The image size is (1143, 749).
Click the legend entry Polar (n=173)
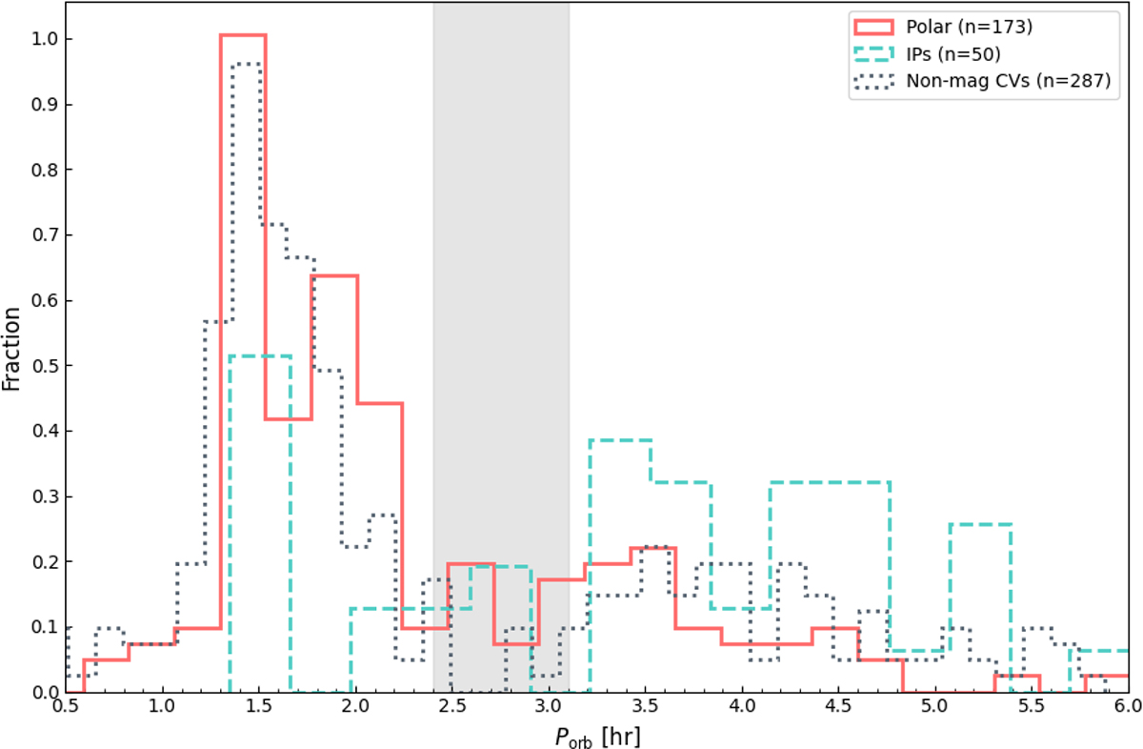(983, 27)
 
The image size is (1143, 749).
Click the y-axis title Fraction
(13, 350)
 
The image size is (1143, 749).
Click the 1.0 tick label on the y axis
(39, 39)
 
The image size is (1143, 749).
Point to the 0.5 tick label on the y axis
(39, 366)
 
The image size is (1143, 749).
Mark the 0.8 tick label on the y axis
(39, 170)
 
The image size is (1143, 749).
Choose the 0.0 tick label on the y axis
(39, 692)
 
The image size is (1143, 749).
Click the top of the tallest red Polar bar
(243, 35)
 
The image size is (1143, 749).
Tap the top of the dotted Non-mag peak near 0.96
(246, 64)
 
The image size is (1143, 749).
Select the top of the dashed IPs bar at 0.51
(260, 355)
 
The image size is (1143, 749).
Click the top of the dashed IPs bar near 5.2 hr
(979, 524)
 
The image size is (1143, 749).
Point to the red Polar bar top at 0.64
(334, 275)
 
